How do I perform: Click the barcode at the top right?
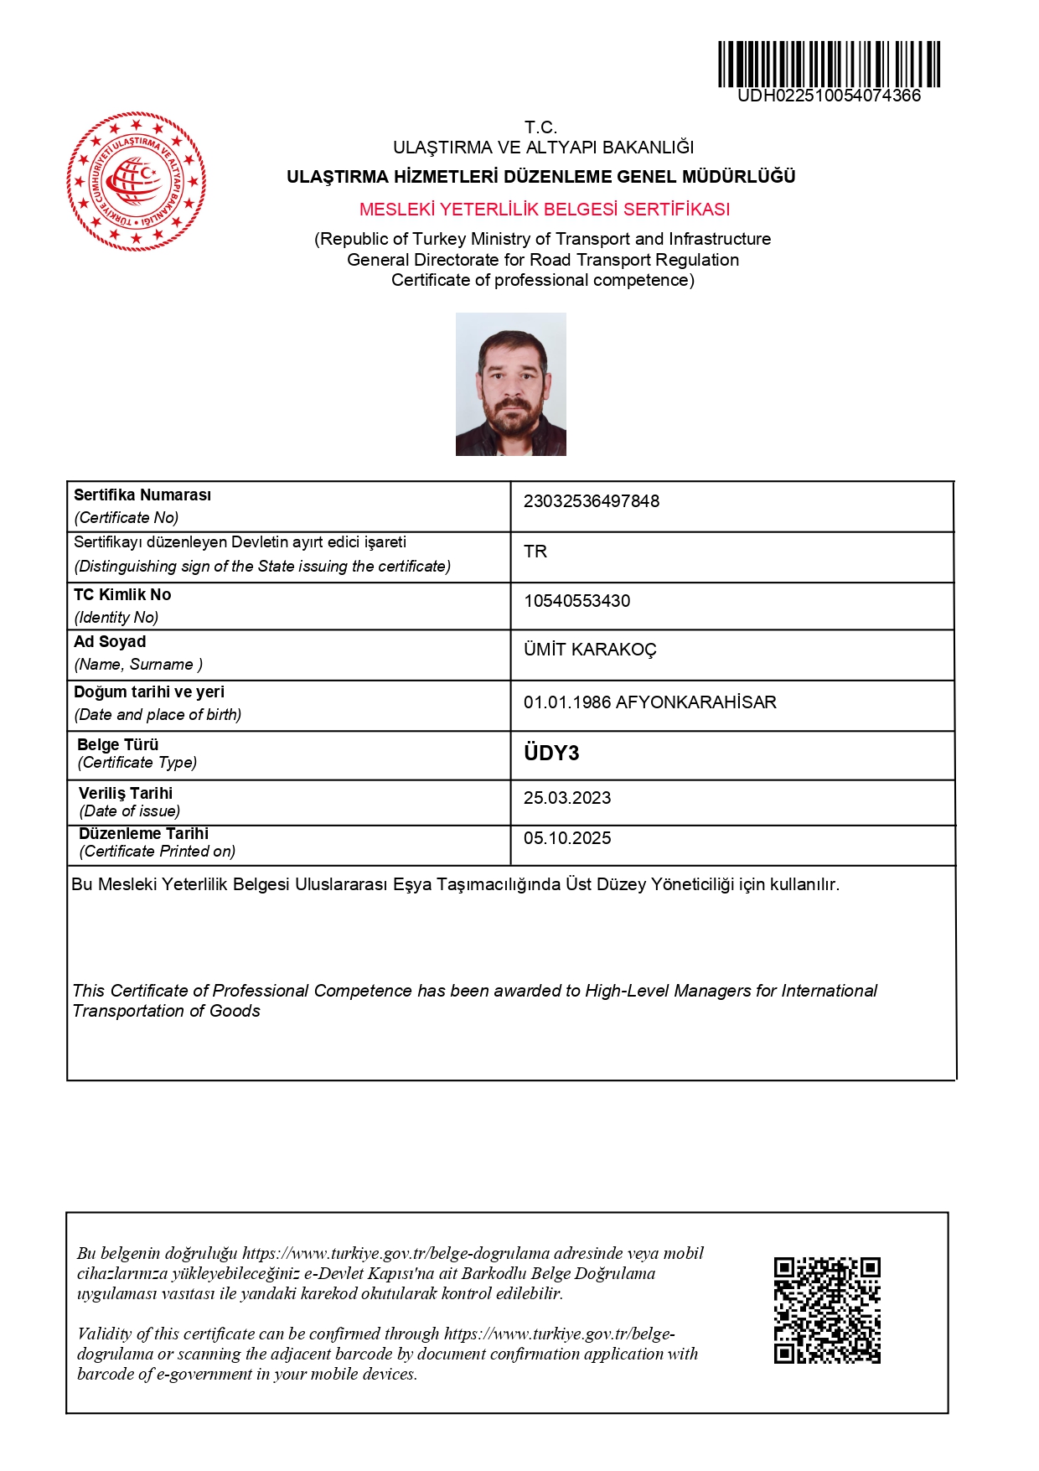[x=829, y=64]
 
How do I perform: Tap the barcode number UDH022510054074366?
[x=829, y=96]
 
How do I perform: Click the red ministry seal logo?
[x=137, y=181]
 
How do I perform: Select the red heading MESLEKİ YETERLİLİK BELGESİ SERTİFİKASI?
[x=545, y=210]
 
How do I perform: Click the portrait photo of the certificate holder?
[x=511, y=385]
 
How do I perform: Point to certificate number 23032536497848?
[x=592, y=501]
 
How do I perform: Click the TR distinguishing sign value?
[x=535, y=552]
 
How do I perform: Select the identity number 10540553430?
[x=577, y=601]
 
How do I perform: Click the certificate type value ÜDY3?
[x=551, y=754]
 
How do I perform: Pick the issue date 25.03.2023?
[x=567, y=798]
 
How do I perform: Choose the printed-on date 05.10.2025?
[x=567, y=838]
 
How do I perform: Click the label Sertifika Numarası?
[x=142, y=495]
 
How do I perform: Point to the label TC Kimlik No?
[x=122, y=595]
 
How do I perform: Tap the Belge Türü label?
[x=118, y=744]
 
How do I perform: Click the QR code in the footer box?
[x=827, y=1310]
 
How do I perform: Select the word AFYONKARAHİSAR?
[x=696, y=702]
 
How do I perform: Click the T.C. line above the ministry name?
[x=541, y=127]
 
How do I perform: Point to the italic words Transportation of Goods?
[x=167, y=1011]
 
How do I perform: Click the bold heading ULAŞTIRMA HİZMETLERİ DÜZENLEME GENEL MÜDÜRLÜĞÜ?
[x=541, y=177]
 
